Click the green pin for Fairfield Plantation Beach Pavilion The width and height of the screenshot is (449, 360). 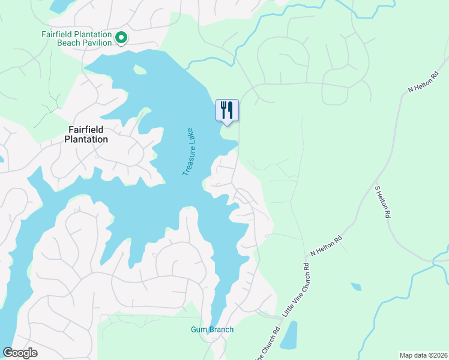click(x=121, y=38)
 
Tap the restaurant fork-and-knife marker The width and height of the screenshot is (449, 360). click(x=227, y=110)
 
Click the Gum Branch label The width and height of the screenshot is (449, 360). click(x=212, y=329)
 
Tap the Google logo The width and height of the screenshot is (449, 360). click(x=20, y=353)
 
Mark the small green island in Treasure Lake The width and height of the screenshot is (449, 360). click(x=140, y=70)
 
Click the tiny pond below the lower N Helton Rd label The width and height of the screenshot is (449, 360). click(x=355, y=286)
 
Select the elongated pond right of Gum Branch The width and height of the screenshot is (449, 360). click(x=289, y=335)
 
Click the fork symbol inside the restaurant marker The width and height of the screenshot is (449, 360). click(x=224, y=109)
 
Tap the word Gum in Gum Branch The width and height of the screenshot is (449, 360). click(x=199, y=329)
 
